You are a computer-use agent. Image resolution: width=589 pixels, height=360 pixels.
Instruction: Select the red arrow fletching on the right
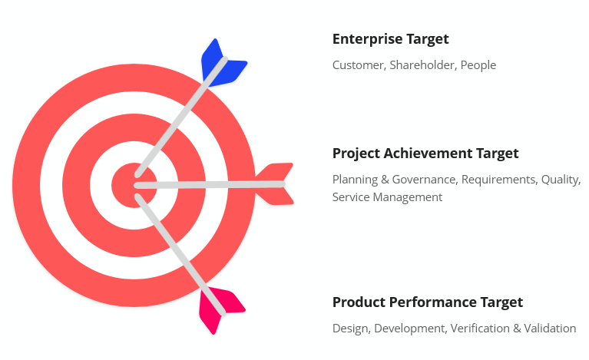tap(274, 183)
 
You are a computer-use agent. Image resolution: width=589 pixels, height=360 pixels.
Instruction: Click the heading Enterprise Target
tap(390, 39)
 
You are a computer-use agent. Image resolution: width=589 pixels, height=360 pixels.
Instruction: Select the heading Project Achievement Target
tap(425, 154)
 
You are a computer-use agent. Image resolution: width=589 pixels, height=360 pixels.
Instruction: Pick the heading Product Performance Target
tap(427, 302)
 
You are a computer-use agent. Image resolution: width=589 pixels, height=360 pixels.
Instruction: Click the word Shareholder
tap(422, 65)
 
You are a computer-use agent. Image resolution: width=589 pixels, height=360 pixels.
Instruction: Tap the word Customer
tap(358, 65)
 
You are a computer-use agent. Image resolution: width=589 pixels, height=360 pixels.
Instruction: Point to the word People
tap(478, 65)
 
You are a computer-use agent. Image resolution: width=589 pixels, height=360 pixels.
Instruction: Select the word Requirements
tap(498, 180)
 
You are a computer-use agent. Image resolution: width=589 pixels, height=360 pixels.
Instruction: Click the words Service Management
tap(387, 197)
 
